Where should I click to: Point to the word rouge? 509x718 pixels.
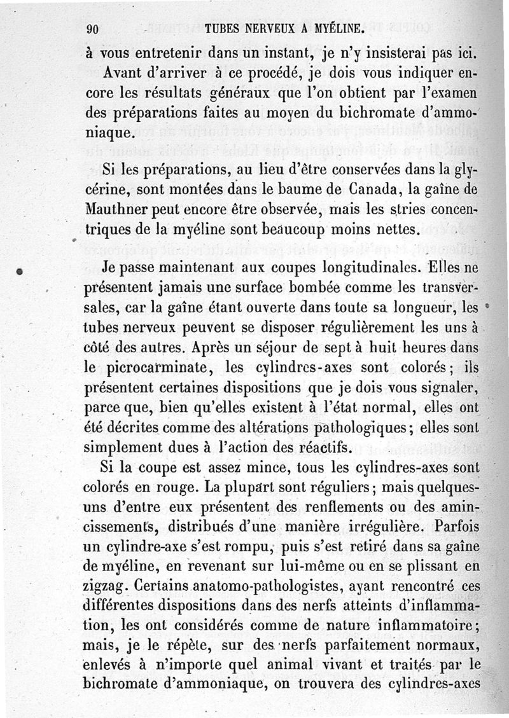pos(185,487)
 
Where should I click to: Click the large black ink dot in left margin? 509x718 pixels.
pos(21,271)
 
